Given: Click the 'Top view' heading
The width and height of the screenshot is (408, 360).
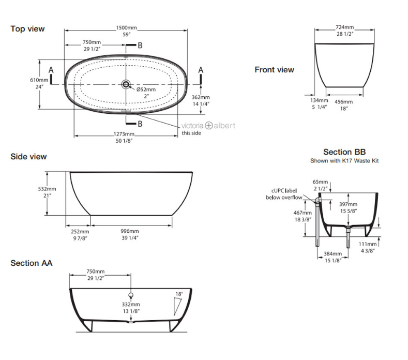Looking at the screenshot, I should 27,29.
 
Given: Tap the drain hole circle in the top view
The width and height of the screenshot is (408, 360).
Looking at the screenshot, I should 126,84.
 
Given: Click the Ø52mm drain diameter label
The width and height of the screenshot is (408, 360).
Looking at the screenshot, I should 146,89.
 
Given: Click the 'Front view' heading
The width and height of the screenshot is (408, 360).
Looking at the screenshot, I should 274,70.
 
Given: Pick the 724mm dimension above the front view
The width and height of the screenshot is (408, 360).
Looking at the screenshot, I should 344,27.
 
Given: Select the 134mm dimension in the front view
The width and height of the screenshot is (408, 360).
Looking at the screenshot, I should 320,100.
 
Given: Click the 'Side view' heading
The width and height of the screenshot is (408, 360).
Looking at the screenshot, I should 28,157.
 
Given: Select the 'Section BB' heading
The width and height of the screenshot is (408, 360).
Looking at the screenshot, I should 344,152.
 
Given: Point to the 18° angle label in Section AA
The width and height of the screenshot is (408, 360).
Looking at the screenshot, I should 179,294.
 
